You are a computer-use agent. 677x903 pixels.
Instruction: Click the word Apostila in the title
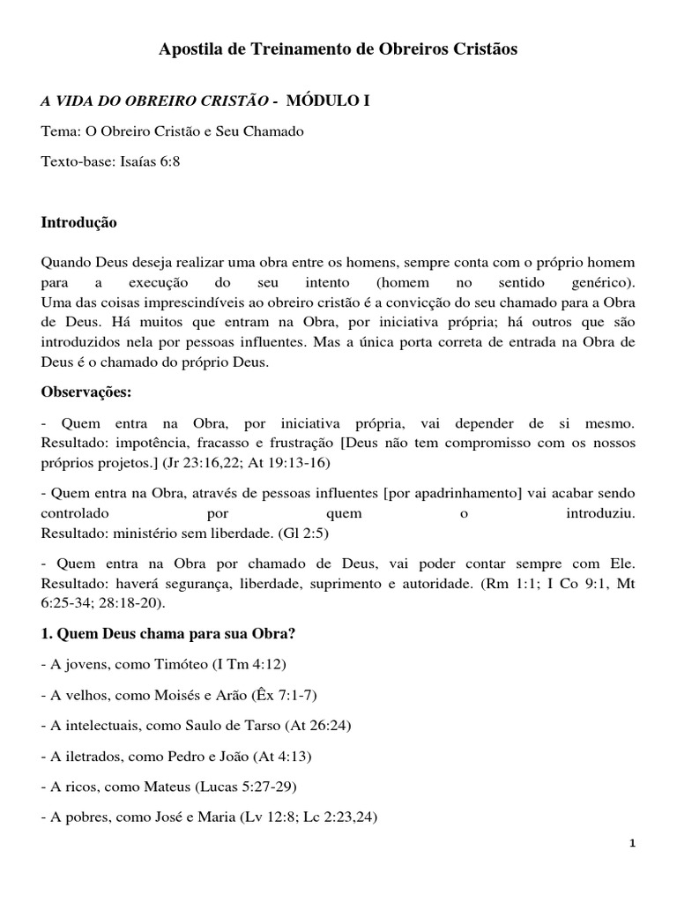tap(190, 50)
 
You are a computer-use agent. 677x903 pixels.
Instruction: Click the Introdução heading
tap(79, 223)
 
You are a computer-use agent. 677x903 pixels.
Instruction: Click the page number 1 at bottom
tap(632, 843)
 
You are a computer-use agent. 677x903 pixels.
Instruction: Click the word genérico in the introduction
tap(596, 283)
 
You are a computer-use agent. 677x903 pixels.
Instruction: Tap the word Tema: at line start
tap(61, 131)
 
